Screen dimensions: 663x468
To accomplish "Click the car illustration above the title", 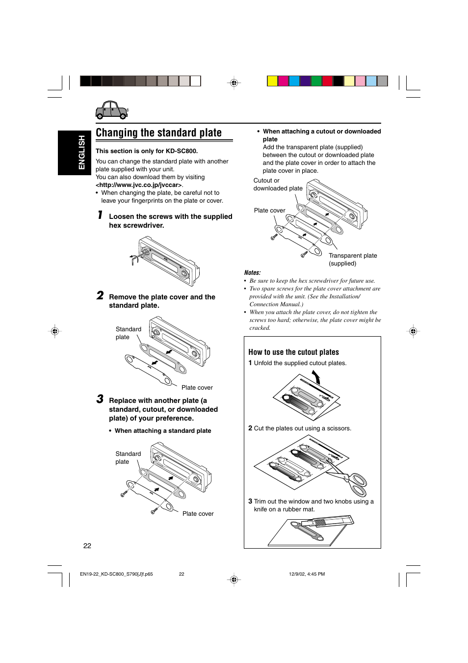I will tap(112, 110).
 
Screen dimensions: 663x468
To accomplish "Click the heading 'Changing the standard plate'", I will tap(158, 133).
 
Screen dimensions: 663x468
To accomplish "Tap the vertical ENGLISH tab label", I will tap(81, 153).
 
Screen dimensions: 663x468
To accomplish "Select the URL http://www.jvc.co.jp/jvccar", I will tap(139, 185).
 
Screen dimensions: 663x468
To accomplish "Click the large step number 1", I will tap(100, 215).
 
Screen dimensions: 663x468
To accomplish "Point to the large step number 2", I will tap(100, 295).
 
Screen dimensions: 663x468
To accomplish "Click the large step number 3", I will tap(100, 399).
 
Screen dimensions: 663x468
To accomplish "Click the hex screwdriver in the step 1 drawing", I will tap(134, 259).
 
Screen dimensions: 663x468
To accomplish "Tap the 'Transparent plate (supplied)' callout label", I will tap(352, 259).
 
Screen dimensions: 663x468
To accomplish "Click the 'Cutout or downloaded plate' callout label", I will tap(277, 185).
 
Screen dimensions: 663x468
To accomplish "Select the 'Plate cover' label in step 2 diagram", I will tap(197, 388).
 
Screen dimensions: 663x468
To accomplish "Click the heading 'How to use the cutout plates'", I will tap(293, 352).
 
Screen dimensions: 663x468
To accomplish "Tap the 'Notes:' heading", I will tap(252, 273).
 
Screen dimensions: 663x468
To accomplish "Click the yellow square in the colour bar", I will tap(272, 81).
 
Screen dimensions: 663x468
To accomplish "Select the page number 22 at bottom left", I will tap(87, 546).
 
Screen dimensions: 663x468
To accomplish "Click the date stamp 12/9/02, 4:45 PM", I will tap(307, 574).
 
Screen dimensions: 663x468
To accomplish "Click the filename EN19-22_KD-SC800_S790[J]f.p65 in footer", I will tap(116, 574).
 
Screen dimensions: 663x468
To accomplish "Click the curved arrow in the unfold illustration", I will tap(316, 377).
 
